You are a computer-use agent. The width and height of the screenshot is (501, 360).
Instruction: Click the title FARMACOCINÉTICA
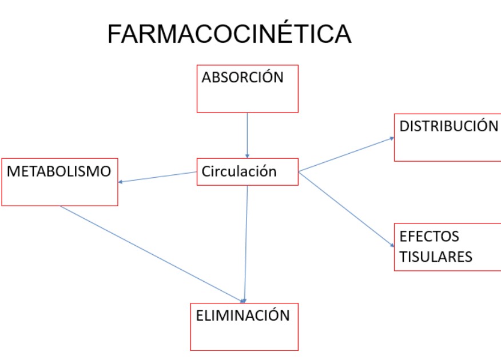point(229,34)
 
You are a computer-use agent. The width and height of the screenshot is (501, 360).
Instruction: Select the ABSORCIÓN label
point(242,78)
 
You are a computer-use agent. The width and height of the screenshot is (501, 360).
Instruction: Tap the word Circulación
point(239,171)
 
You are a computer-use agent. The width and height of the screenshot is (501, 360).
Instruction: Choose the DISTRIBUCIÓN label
point(449,126)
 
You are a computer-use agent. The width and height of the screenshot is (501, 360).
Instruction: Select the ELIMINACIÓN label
point(243,315)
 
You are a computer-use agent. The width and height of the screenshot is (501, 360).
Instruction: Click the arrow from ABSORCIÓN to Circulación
point(247,134)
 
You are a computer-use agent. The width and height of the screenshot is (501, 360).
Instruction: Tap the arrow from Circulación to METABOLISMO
point(157,177)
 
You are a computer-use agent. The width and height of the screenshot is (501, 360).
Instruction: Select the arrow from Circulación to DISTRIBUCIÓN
point(346,154)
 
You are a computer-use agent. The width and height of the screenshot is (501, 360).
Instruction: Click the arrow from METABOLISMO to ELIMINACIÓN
point(152,253)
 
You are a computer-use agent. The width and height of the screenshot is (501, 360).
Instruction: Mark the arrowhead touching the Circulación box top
point(247,155)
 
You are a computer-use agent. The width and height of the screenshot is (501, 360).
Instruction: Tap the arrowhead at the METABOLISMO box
point(121,182)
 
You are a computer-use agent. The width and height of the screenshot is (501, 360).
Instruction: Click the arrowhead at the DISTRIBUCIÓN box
point(391,138)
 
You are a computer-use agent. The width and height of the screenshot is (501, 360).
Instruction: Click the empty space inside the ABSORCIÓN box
point(247,98)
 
